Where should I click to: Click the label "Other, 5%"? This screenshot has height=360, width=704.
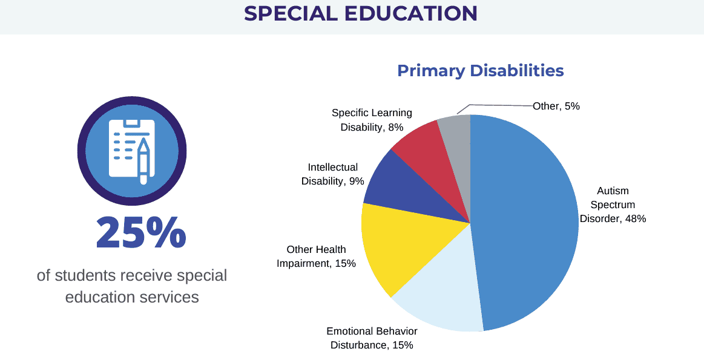(x=556, y=106)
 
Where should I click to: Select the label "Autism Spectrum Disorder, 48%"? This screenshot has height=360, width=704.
(x=613, y=205)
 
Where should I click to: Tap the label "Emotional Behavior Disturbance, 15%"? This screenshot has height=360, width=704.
(x=372, y=338)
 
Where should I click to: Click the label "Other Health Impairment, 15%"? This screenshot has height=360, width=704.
(x=316, y=256)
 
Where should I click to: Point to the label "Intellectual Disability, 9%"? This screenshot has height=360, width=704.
(x=332, y=174)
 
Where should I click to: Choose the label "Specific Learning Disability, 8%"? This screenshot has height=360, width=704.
(x=372, y=120)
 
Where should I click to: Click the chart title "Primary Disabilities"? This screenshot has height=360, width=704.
(x=480, y=71)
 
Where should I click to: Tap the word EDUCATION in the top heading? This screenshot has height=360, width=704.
(x=411, y=13)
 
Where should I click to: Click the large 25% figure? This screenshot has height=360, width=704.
(x=140, y=233)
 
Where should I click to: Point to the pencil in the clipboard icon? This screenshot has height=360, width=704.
(x=143, y=160)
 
